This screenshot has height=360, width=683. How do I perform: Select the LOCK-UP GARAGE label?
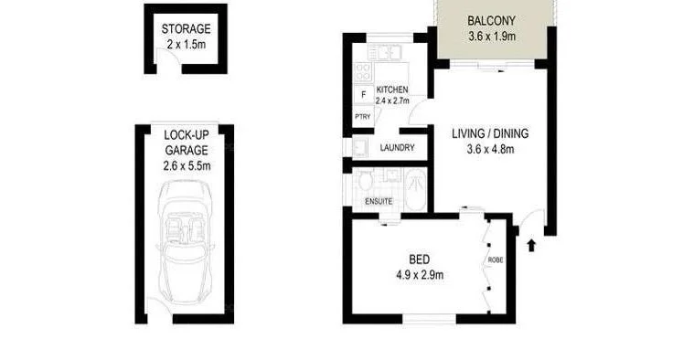pos(187,143)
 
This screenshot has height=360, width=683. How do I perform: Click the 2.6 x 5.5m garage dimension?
pos(187,166)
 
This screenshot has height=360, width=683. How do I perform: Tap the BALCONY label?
pos(492,22)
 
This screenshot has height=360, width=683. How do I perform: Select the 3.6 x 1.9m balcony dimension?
pos(492,37)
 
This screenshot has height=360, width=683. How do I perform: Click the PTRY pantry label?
pos(363,117)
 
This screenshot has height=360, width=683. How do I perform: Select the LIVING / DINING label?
pos(490,133)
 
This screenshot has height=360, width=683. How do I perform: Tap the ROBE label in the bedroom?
pos(495,259)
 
